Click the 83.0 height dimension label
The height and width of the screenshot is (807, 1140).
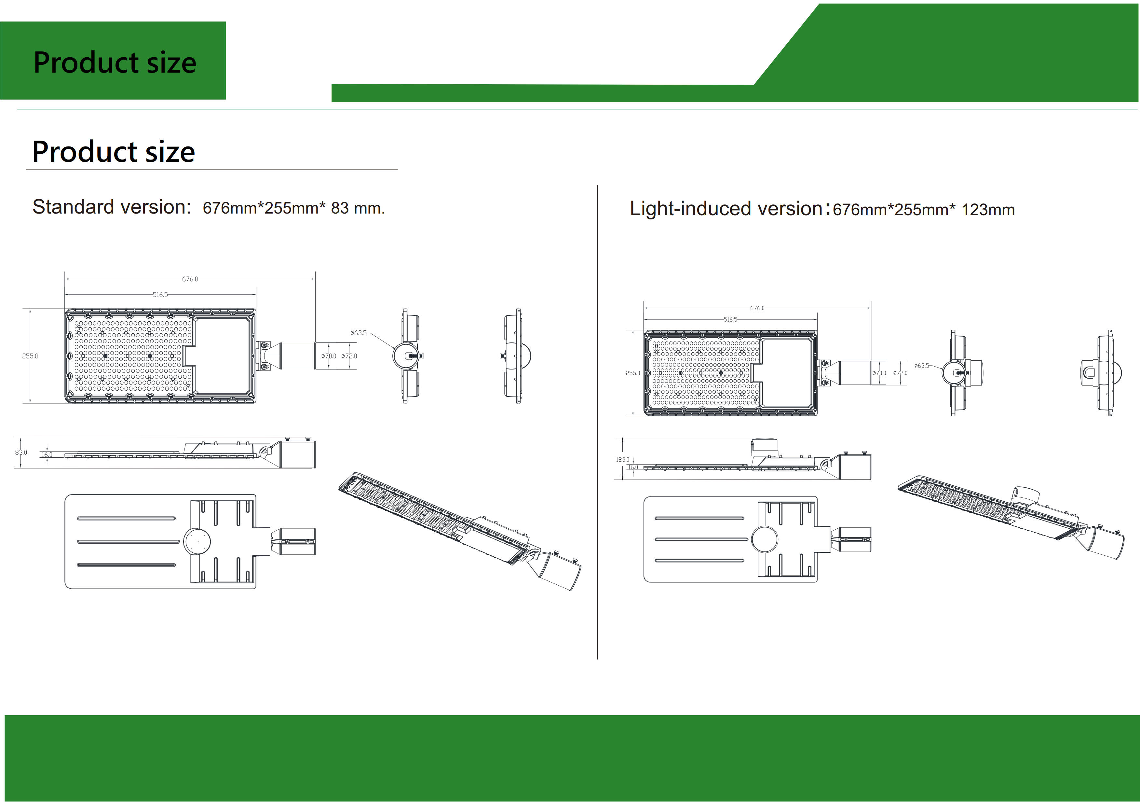coord(21,452)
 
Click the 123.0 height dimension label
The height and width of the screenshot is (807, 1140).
coord(622,460)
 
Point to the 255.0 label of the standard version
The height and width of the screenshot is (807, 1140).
coord(30,356)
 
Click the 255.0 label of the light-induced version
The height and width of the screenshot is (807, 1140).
coord(632,373)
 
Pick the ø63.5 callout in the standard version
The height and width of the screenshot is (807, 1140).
coord(359,333)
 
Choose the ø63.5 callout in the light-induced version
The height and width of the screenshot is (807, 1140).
coord(922,366)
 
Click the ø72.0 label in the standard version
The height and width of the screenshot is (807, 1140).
coord(349,356)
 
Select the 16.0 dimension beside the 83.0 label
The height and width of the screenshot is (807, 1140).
coord(47,455)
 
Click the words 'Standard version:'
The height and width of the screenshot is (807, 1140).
coord(112,207)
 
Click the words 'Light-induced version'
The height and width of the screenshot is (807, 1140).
coord(726,209)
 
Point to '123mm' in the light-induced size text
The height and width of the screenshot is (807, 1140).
coord(988,210)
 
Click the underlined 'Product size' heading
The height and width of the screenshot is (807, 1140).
coord(114,152)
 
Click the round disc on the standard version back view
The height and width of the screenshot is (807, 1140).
coord(197,541)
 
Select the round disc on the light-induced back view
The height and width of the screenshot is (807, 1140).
coord(765,539)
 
